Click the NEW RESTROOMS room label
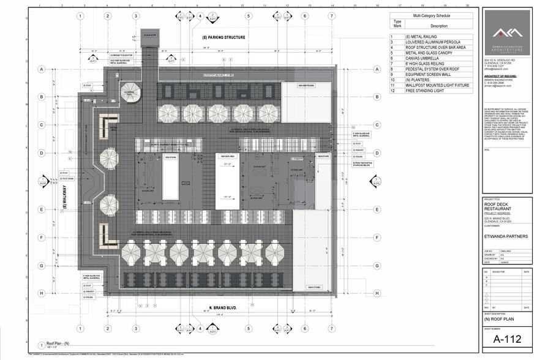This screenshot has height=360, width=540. [x=306, y=85]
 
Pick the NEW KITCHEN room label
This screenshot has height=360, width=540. [x=315, y=287]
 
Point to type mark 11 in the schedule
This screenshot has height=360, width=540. [x=394, y=84]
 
